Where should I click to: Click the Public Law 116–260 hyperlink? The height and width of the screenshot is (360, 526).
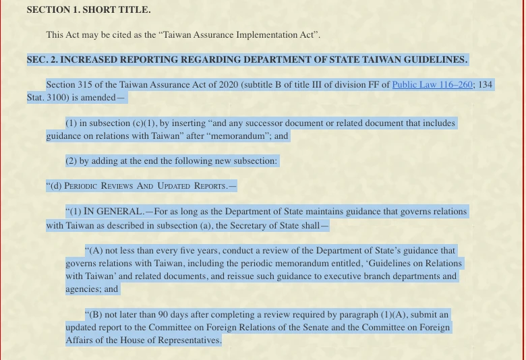[x=432, y=85]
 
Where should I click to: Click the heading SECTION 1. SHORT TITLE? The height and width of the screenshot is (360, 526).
[x=88, y=10]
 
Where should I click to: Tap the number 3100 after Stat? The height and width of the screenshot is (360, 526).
[x=58, y=97]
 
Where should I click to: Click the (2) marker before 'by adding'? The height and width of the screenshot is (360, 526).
[x=71, y=160]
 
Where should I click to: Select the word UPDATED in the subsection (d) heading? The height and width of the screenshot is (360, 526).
[x=174, y=186]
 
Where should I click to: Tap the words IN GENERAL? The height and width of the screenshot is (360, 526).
[x=113, y=212]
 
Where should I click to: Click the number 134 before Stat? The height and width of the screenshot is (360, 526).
[x=485, y=85]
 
